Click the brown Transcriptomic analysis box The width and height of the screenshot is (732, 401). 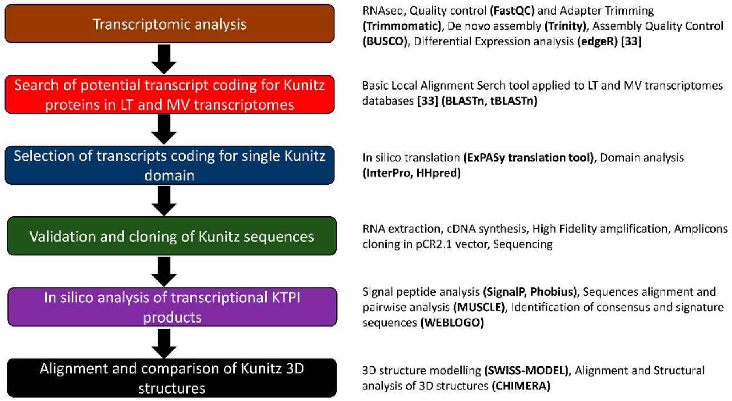pyautogui.click(x=169, y=24)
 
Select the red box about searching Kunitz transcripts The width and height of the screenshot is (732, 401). pyautogui.click(x=169, y=96)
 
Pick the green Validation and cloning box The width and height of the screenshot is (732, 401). pyautogui.click(x=169, y=236)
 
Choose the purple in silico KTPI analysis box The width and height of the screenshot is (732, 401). pyautogui.click(x=169, y=308)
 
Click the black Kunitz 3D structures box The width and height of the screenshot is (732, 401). pyautogui.click(x=169, y=378)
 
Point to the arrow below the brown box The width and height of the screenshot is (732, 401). pyautogui.click(x=165, y=59)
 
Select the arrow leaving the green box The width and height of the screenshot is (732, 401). pyautogui.click(x=165, y=272)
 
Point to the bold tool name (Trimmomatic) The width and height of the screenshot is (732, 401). pyautogui.click(x=394, y=26)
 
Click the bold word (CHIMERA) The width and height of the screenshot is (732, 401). pyautogui.click(x=519, y=386)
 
